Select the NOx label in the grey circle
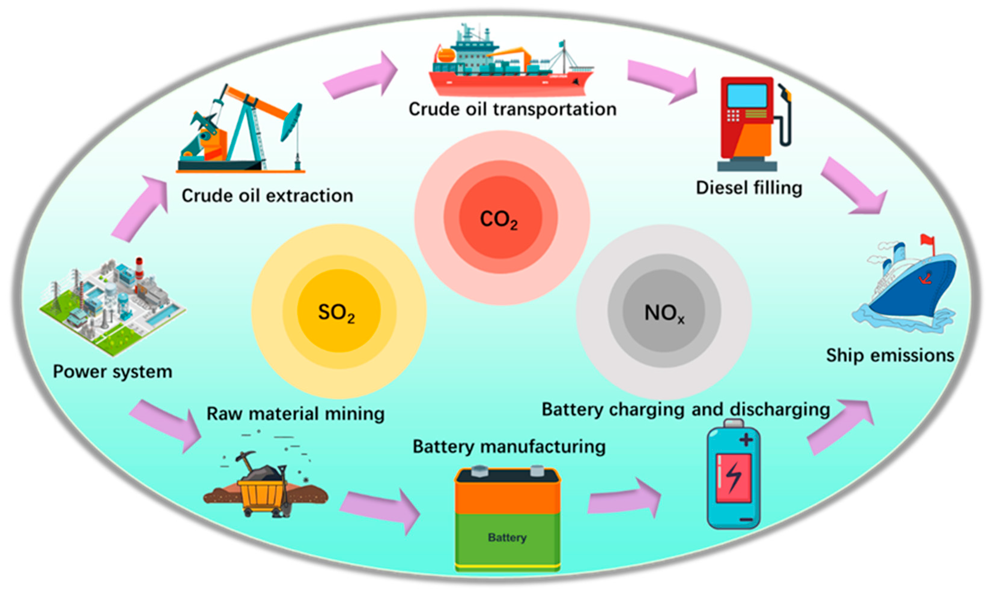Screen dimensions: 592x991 tap(664, 314)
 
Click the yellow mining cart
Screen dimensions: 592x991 tap(262, 493)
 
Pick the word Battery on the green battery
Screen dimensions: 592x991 tap(507, 537)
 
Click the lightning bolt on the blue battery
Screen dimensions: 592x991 tap(734, 477)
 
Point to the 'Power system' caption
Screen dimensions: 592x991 tap(113, 372)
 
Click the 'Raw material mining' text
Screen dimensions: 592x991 tap(296, 414)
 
